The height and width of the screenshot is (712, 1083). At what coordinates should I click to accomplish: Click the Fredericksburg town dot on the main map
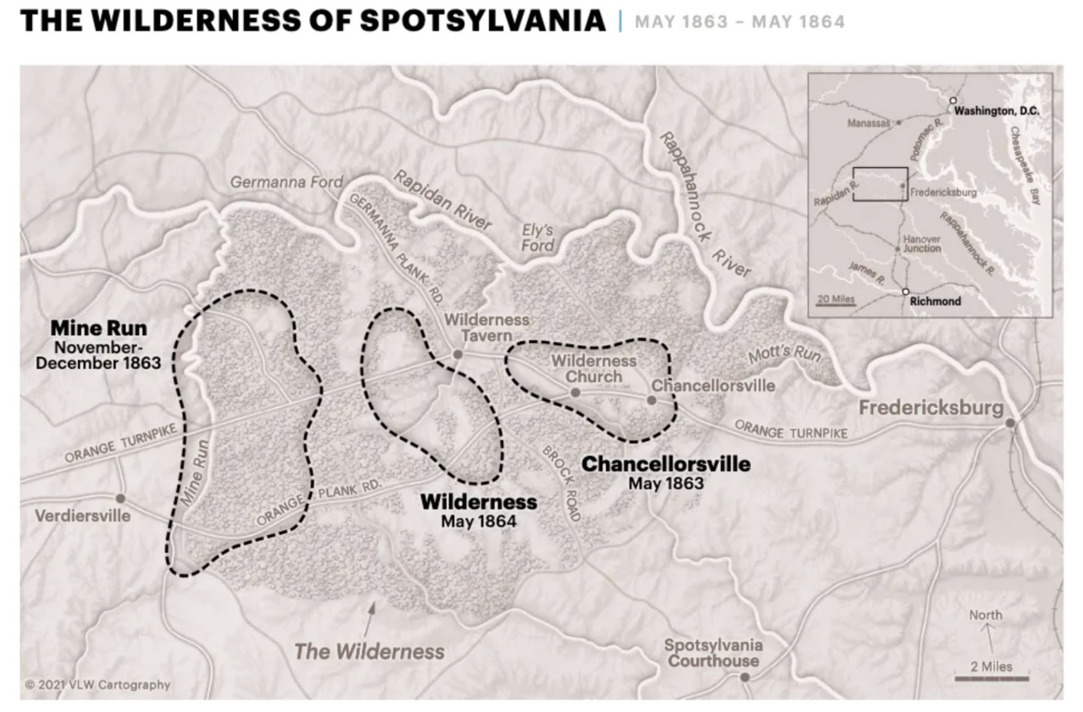(1010, 423)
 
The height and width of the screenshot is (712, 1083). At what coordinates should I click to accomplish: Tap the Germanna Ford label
(286, 182)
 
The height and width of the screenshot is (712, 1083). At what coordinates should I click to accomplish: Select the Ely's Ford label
(537, 238)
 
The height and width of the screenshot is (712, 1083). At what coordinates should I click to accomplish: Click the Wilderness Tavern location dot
(457, 354)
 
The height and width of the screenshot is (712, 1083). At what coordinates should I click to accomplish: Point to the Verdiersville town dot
(120, 498)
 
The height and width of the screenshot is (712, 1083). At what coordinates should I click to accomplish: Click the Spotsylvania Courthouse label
(713, 653)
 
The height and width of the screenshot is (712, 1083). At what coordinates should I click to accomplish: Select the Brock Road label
(562, 483)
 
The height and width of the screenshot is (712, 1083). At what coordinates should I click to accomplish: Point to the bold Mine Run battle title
(98, 328)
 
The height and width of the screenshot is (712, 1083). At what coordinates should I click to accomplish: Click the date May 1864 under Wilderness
(478, 521)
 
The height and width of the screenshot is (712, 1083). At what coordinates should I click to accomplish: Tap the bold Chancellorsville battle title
(666, 464)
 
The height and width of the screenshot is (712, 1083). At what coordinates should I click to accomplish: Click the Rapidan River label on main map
(442, 199)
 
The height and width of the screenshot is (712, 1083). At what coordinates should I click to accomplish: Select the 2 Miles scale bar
(991, 678)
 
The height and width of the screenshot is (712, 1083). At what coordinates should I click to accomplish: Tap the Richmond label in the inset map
(935, 302)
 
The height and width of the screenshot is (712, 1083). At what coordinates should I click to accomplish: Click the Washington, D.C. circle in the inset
(953, 100)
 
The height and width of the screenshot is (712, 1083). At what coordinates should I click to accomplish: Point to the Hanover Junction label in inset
(921, 244)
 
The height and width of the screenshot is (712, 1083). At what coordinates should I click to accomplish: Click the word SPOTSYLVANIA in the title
(482, 20)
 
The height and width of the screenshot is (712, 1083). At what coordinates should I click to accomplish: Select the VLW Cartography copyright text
(98, 685)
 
